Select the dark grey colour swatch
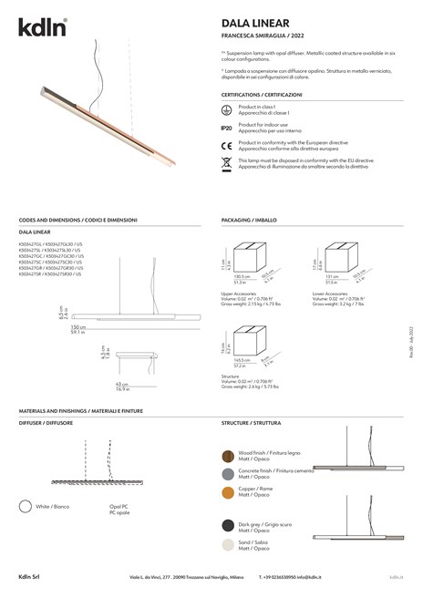pyautogui.click(x=228, y=526)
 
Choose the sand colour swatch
pyautogui.click(x=228, y=544)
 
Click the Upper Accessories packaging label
pyautogui.click(x=240, y=294)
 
